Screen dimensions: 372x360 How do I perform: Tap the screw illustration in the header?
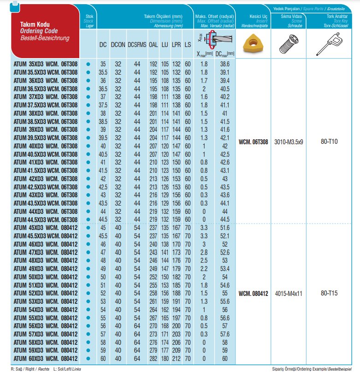[x=289, y=44]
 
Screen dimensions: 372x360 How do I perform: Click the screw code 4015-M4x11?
[x=289, y=293]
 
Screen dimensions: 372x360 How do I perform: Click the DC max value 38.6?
[x=225, y=63]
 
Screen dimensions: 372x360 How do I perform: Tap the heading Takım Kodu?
[x=35, y=24]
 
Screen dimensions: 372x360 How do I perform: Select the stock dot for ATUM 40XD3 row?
[x=88, y=146]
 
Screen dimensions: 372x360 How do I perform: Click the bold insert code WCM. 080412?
[x=253, y=293]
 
